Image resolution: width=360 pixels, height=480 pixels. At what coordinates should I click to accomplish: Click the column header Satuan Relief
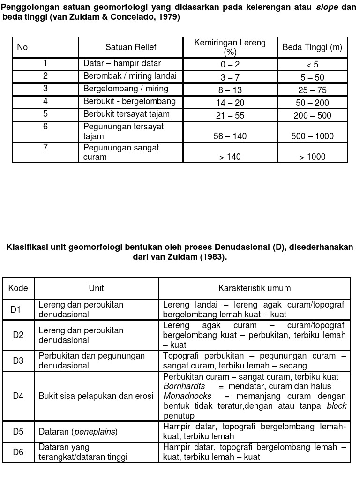coord(131,47)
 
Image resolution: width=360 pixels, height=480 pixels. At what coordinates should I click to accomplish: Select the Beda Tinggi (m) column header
coord(312,47)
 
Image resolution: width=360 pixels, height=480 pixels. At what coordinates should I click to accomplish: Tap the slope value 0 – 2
coord(230,65)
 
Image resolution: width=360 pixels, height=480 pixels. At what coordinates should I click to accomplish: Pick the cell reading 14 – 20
coord(230,103)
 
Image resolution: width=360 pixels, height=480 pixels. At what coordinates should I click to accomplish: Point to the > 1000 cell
coord(313,157)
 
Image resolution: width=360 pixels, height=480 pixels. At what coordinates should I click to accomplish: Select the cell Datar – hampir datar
coord(122,63)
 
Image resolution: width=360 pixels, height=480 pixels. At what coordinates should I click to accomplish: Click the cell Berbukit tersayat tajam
coord(127,114)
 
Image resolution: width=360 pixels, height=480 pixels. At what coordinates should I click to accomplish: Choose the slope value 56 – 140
coord(230,136)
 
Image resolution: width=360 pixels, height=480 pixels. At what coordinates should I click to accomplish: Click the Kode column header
coord(18,288)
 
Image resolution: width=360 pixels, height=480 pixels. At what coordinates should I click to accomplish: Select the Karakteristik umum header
coord(255,288)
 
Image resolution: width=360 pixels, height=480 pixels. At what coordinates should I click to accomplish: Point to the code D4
coord(18,396)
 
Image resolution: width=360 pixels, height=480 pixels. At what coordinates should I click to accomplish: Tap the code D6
coord(18,452)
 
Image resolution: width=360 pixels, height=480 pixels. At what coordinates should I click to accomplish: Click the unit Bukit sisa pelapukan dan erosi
coord(96,396)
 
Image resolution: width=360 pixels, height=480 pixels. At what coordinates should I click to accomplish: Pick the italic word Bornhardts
coord(184,386)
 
